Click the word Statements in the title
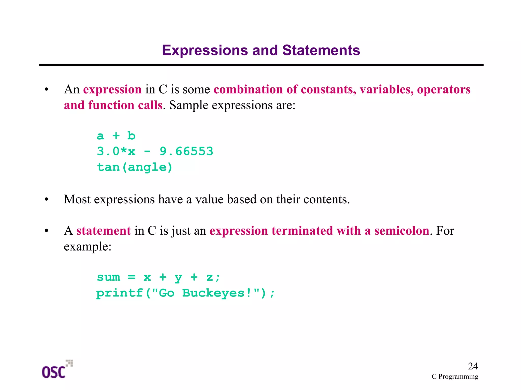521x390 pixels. pos(321,50)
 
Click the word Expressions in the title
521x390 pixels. pos(205,50)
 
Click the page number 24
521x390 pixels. pos(473,366)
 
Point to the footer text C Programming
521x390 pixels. pos(455,377)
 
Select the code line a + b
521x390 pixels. pos(116,136)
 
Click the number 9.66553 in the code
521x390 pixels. pos(186,151)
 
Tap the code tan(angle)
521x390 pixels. pos(135,167)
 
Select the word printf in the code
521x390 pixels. pos(120,293)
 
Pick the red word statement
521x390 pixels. pos(104,231)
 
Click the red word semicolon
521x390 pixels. pos(402,231)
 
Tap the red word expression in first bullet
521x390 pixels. pos(112,89)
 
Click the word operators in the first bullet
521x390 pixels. pos(444,89)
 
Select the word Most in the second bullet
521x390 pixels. pos(77,199)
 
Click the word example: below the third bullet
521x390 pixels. pos(88,246)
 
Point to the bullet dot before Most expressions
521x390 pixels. pos(46,200)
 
